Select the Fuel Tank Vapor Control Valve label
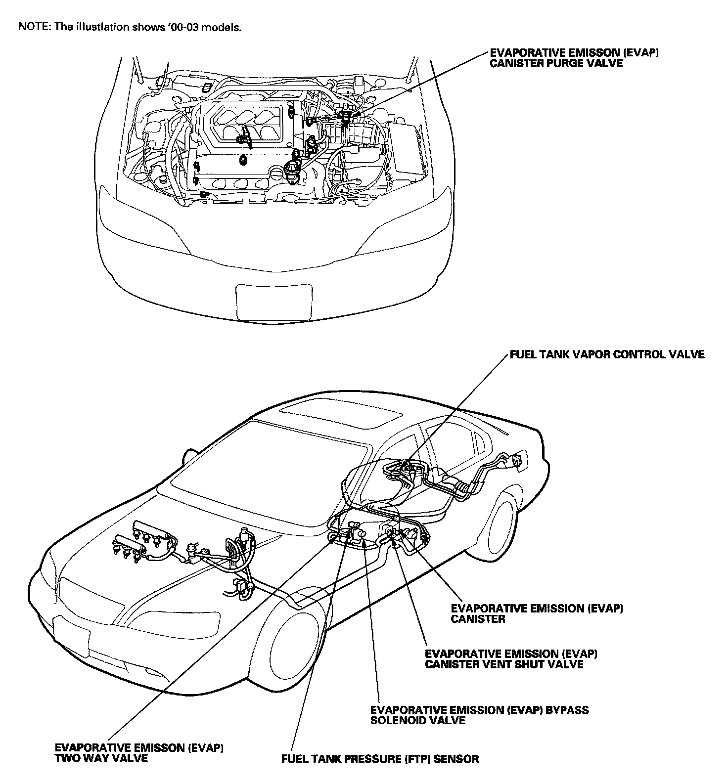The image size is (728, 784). point(606,354)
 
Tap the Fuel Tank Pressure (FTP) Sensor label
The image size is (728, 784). point(380,758)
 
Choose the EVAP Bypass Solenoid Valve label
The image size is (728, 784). point(479,715)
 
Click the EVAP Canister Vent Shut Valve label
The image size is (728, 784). point(511,658)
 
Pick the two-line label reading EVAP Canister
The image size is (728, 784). point(537,613)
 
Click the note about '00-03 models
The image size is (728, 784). point(130,27)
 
